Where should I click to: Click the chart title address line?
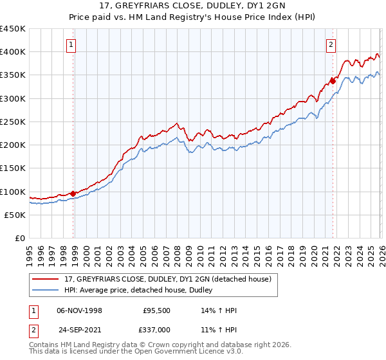193,6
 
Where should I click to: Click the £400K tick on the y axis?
13,52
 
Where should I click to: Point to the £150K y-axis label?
13,168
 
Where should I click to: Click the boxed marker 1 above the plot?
71,45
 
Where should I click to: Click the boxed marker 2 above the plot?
331,45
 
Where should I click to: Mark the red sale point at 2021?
333,81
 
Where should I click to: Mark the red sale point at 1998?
73,194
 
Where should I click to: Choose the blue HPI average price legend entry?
142,290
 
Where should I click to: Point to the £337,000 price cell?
158,329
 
